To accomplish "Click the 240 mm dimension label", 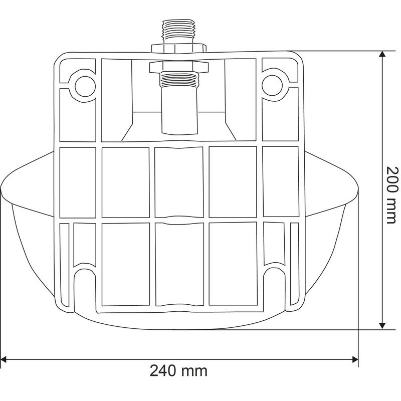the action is pyautogui.click(x=178, y=370).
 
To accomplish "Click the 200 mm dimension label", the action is pyautogui.click(x=391, y=195).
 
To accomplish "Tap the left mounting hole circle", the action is pyautogui.click(x=85, y=86).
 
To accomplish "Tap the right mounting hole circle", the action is pyautogui.click(x=272, y=86).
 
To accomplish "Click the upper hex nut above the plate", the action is pyautogui.click(x=179, y=49).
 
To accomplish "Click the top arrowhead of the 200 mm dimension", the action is pyautogui.click(x=382, y=54).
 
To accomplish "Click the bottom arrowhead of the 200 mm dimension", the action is pyautogui.click(x=382, y=325).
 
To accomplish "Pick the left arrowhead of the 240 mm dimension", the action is pyautogui.click(x=4, y=359).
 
